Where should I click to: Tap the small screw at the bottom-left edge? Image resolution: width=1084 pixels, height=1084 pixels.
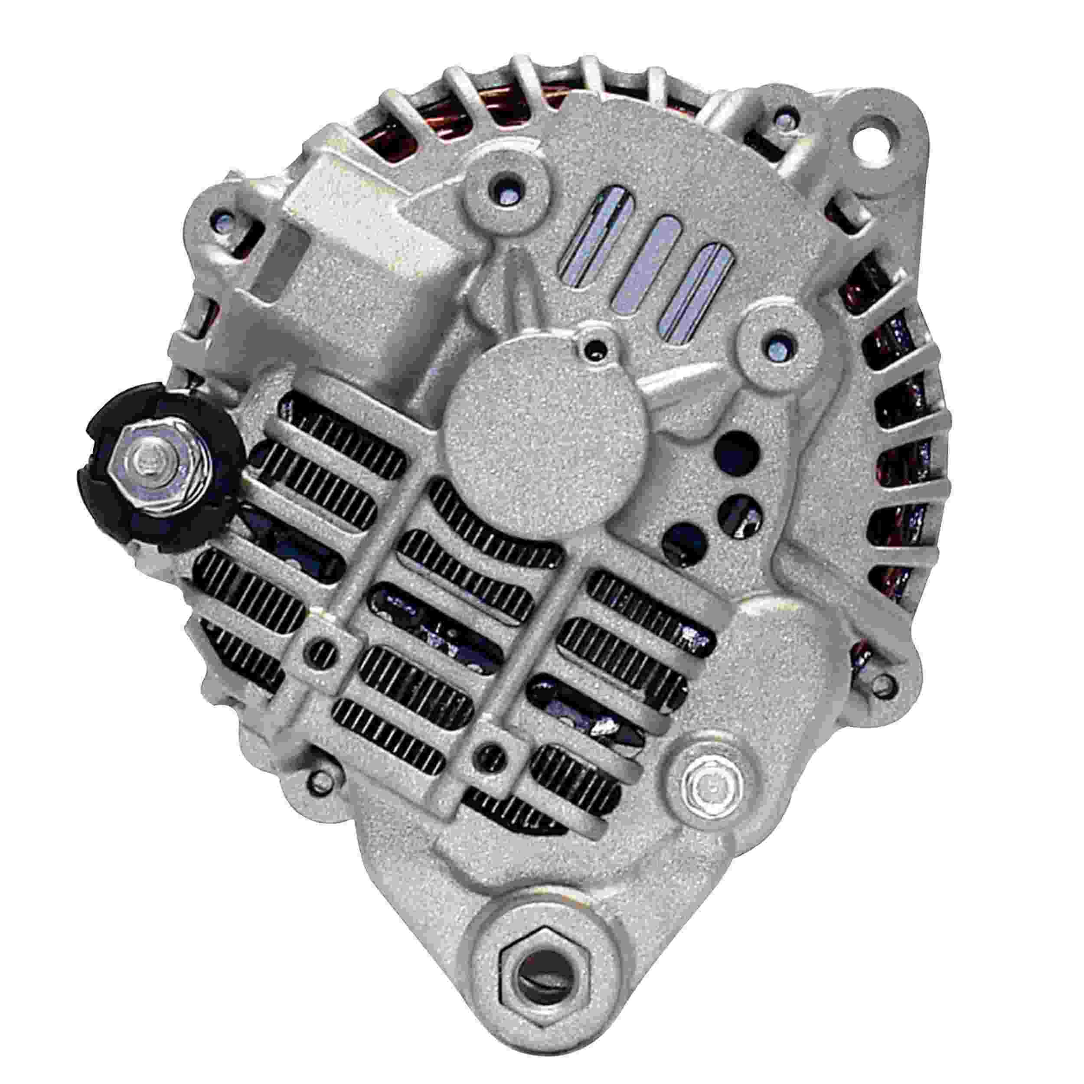pos(320,780)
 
